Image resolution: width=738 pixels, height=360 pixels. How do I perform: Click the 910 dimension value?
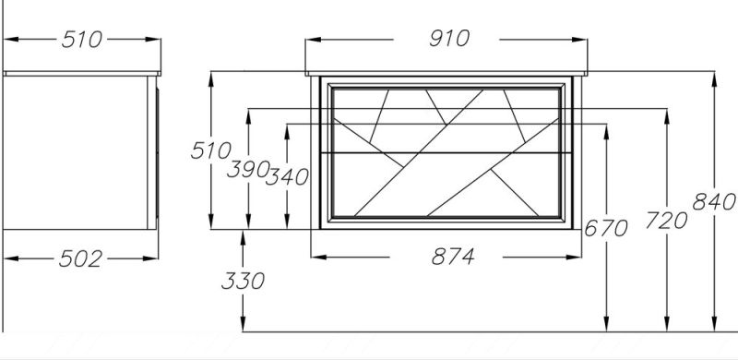[449, 39]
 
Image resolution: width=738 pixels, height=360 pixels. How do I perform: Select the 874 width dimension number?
[453, 257]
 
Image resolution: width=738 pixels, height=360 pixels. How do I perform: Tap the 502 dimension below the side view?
[80, 258]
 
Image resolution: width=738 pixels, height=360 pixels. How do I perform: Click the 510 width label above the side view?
[82, 40]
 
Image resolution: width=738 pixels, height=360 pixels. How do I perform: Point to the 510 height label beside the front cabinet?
[210, 150]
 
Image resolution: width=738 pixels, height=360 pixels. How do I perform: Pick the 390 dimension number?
[248, 169]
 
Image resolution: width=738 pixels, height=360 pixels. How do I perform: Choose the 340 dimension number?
[287, 177]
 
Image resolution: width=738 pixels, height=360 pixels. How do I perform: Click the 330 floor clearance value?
[243, 281]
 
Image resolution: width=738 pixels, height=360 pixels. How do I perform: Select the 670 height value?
[606, 229]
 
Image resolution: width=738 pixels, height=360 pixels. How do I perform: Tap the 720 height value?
[666, 221]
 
